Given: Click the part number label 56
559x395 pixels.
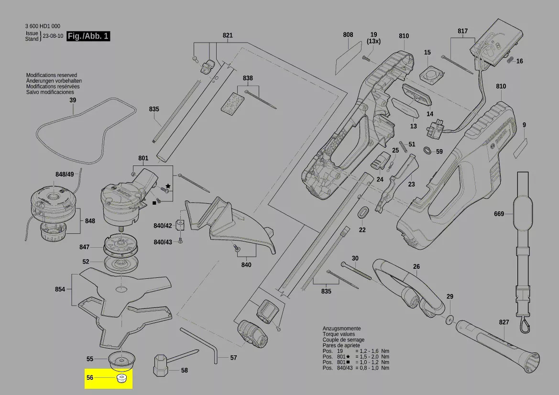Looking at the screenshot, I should click(x=90, y=378).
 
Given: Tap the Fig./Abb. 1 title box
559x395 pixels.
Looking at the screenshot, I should click(x=88, y=36).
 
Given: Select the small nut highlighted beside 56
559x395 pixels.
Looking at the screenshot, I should click(x=122, y=379).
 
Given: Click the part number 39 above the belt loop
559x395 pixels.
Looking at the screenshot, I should click(x=73, y=100).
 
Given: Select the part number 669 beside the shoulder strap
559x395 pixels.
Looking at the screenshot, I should click(x=499, y=214).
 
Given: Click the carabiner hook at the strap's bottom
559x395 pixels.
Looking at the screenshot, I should click(x=525, y=326).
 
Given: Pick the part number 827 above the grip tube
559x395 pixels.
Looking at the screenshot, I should click(x=504, y=322).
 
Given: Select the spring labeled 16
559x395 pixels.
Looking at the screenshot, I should click(x=509, y=59).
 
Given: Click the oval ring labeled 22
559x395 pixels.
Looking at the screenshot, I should click(x=363, y=211).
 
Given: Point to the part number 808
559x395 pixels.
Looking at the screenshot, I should click(x=348, y=34).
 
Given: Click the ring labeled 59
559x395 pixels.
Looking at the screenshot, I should click(x=427, y=151).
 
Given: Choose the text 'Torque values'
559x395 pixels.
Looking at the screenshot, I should click(x=338, y=334).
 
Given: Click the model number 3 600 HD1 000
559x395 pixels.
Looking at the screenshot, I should click(x=43, y=26).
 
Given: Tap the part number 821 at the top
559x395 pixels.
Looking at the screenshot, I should click(x=228, y=35).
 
